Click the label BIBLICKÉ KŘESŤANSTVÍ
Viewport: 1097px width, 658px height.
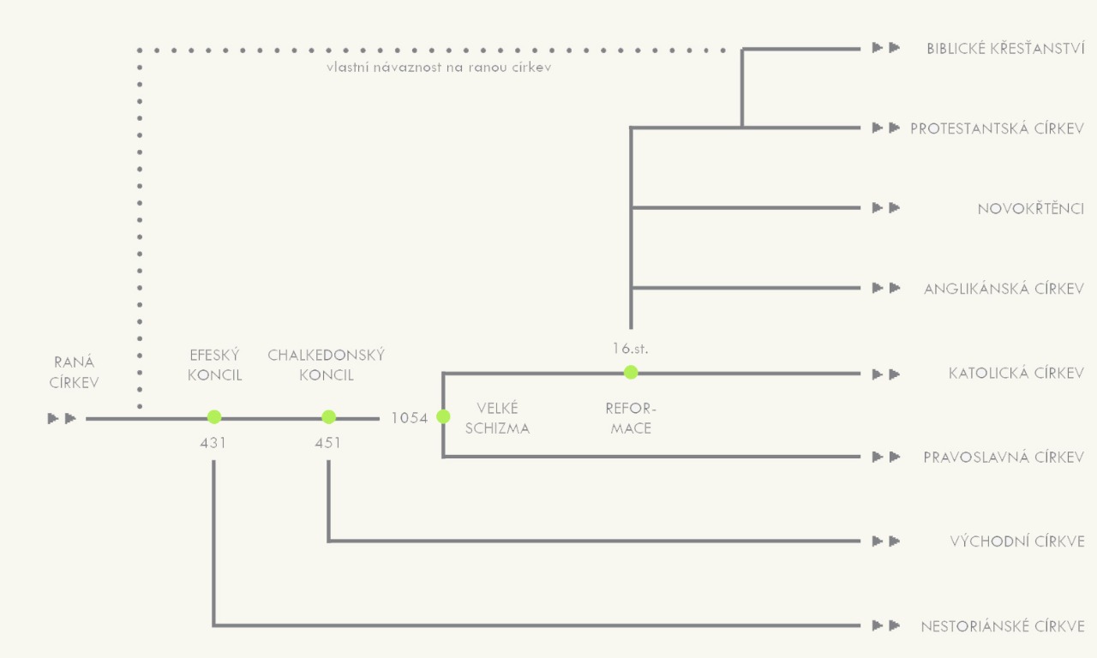(x=1005, y=48)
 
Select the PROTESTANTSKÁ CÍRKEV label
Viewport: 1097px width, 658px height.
(x=998, y=129)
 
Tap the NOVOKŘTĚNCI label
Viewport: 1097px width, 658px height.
(x=1031, y=208)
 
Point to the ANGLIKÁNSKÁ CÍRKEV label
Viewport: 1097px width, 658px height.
(x=1004, y=289)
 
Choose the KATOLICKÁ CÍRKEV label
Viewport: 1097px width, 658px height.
(x=1016, y=374)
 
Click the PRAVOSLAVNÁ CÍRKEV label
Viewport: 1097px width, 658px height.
(x=1004, y=457)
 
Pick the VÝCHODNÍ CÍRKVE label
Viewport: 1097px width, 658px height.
(x=1017, y=541)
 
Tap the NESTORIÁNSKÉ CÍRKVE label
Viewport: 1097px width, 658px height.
(x=1003, y=626)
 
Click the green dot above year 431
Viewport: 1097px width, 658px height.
(x=214, y=416)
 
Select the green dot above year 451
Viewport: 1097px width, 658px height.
(x=328, y=416)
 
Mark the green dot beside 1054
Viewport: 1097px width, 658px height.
(x=443, y=416)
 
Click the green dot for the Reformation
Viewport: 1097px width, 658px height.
(x=631, y=372)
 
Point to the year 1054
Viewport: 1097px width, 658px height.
(x=409, y=419)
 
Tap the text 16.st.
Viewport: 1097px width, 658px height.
(x=631, y=349)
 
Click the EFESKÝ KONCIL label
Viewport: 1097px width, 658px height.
(x=214, y=365)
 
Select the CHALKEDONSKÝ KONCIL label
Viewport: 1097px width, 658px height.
(x=327, y=365)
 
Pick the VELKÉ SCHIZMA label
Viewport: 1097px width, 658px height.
(x=497, y=418)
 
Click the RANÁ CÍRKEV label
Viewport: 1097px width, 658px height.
(x=74, y=373)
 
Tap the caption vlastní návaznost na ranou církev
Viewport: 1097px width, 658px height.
(x=438, y=67)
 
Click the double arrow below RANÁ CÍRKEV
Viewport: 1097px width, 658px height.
(x=63, y=418)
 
